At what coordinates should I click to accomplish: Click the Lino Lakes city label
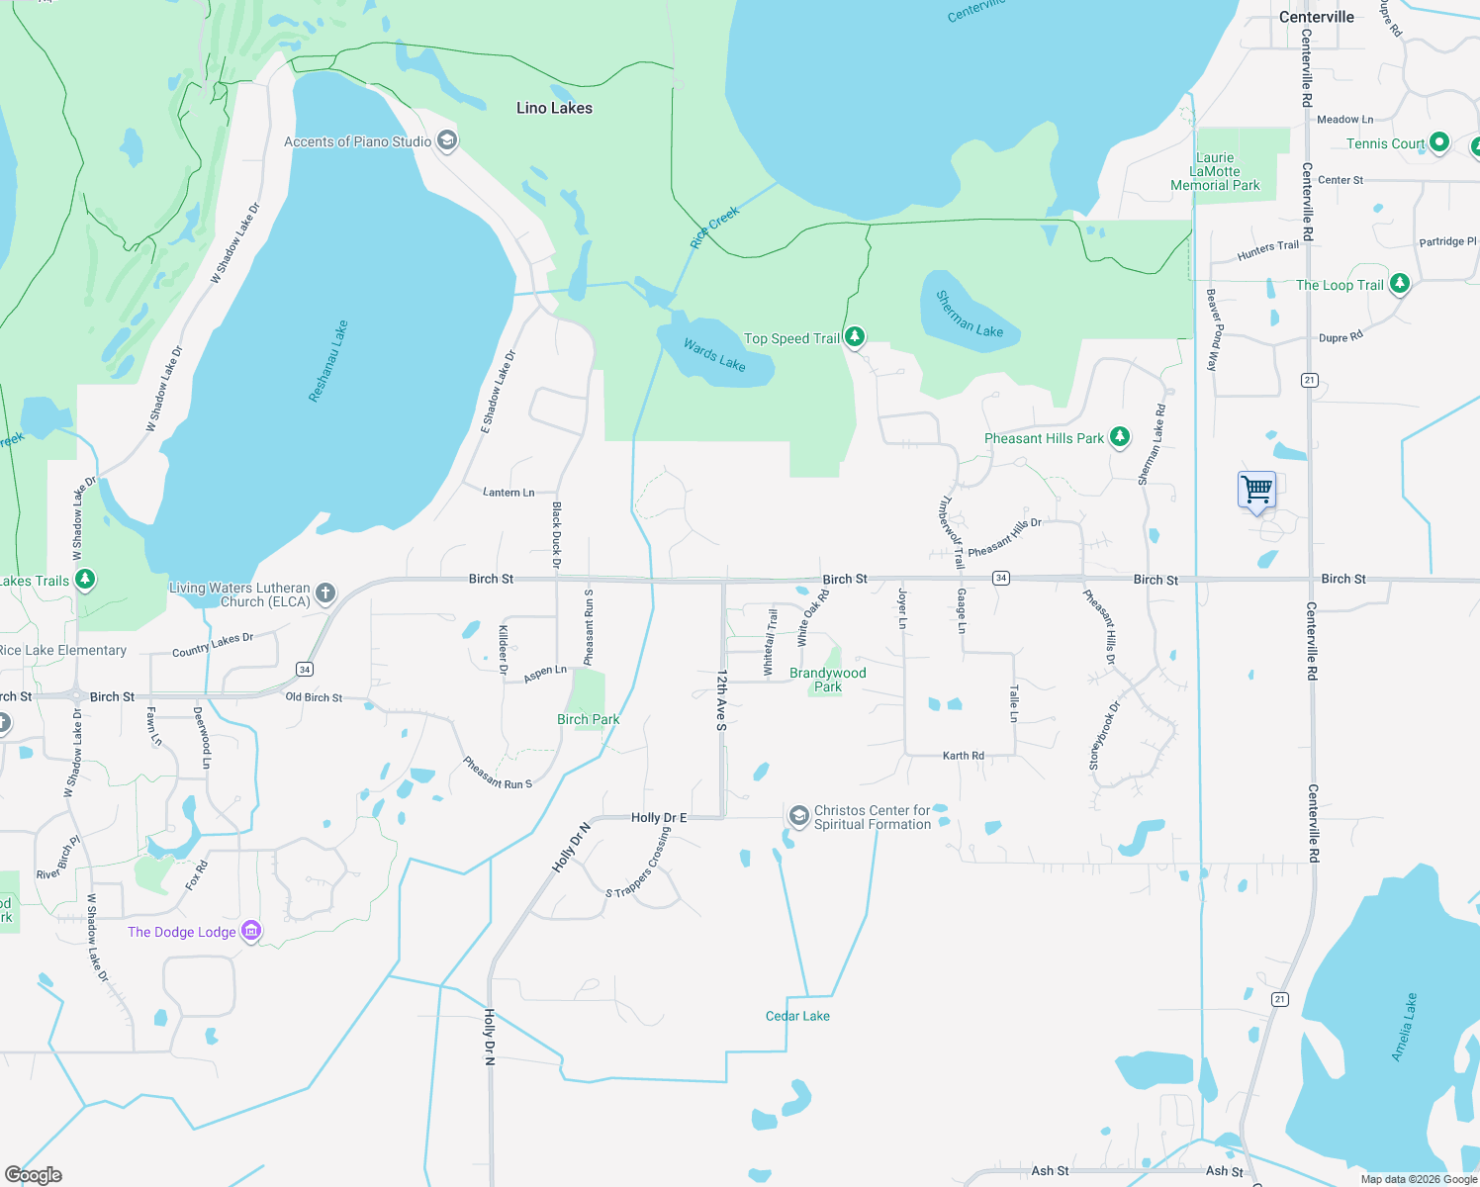click(x=554, y=108)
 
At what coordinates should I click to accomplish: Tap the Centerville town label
click(x=1316, y=17)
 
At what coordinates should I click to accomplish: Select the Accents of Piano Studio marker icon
click(x=446, y=140)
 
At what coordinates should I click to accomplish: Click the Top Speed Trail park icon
click(x=855, y=337)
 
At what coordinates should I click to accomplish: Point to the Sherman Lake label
click(x=970, y=315)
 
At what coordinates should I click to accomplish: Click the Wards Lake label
click(x=714, y=355)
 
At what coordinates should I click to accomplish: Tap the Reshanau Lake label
click(x=328, y=361)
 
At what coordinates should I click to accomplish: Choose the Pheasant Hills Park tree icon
click(x=1119, y=437)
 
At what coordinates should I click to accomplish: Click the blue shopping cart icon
click(x=1256, y=490)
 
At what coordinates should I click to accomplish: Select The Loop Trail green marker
click(x=1399, y=284)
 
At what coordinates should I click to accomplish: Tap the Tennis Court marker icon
click(x=1439, y=142)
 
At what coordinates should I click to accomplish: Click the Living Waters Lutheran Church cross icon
click(x=325, y=593)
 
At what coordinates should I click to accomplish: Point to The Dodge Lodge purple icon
click(x=251, y=932)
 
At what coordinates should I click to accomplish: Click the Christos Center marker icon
click(x=798, y=817)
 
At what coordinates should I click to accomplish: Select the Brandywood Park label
click(x=828, y=680)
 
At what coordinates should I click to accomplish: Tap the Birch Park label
click(x=588, y=719)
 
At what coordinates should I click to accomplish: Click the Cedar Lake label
click(x=797, y=1016)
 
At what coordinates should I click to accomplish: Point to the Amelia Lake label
click(x=1404, y=1028)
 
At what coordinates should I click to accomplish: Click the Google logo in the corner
click(x=34, y=1174)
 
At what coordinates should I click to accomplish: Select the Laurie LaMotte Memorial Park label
click(x=1215, y=171)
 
